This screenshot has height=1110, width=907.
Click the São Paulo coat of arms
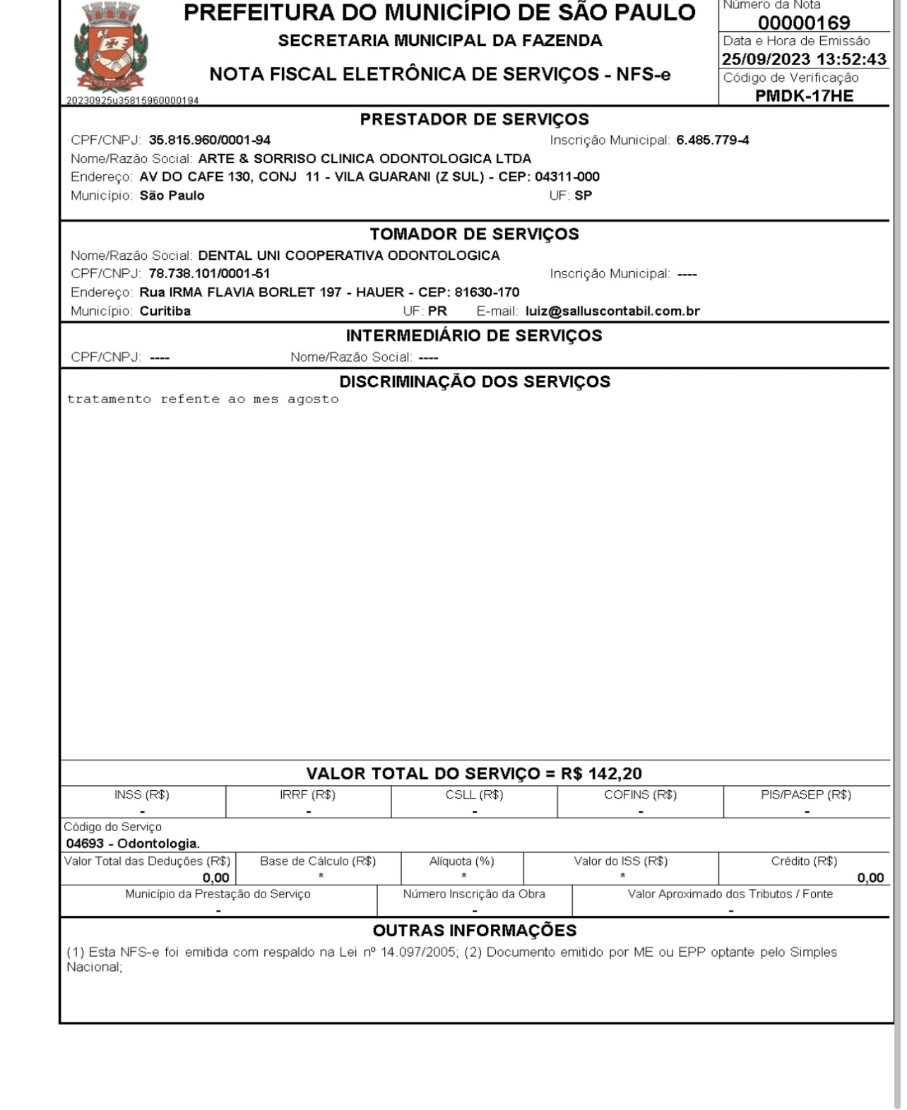pos(112,47)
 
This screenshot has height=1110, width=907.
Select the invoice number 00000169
pos(804,23)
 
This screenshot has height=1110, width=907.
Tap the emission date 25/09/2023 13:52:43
pos(804,59)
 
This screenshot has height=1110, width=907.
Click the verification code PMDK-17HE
pos(804,96)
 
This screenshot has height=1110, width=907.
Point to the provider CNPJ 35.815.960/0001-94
pos(209,141)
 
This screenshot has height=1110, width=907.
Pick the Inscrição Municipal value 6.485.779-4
pos(712,141)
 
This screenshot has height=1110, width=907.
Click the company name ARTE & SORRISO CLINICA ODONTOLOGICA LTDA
pos(364,159)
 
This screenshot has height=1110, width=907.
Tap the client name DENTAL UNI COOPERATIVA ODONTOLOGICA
pos(349,256)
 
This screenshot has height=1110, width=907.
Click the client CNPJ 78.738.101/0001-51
pos(209,274)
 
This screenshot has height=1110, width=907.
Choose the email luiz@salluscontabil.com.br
pos(612,311)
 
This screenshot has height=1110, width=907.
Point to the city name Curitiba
pos(165,311)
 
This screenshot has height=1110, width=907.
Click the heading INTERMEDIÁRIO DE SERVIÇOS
pos(474,335)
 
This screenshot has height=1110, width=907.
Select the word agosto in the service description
pos(313,400)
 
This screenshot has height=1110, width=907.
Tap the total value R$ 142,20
pos(601,774)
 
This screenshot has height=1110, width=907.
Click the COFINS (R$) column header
pos(640,795)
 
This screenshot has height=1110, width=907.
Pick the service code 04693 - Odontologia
pos(133,844)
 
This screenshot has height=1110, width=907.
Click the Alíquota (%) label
pos(462,861)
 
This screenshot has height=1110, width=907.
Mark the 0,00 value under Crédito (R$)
pos(870,878)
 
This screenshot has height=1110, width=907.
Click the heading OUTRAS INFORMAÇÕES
pos(474,931)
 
